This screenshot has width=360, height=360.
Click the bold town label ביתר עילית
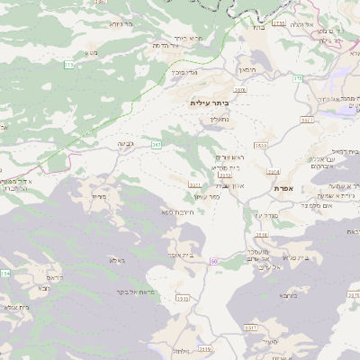tap(207, 103)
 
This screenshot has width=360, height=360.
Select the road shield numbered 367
tap(157, 144)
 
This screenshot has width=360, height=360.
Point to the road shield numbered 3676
tap(239, 90)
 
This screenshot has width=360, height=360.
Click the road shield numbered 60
tap(214, 261)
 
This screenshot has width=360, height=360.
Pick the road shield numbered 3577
tap(307, 119)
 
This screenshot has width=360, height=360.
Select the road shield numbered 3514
tap(274, 171)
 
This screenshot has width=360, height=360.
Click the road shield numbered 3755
tap(279, 24)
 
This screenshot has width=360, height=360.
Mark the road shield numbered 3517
tap(251, 328)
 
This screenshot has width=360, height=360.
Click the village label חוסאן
tap(248, 69)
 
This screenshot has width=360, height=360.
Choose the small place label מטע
tap(91, 53)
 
